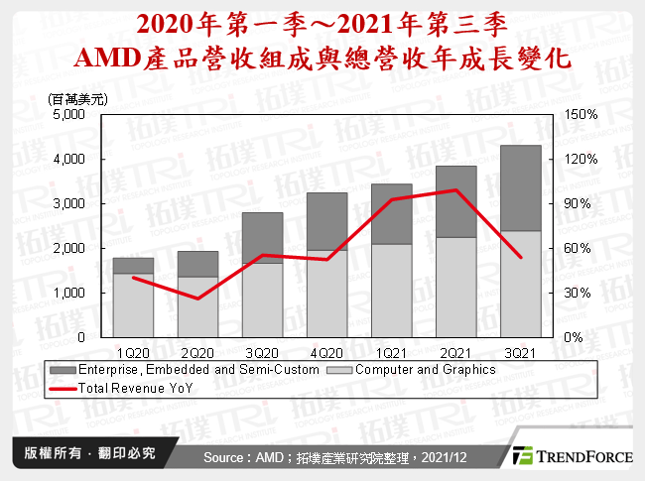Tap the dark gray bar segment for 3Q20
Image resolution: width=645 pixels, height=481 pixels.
tap(262, 237)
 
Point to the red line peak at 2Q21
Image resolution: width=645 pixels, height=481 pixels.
tap(455, 190)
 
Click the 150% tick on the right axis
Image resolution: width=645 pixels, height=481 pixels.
tap(580, 114)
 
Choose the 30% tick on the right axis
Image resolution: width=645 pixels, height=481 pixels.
tap(580, 293)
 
